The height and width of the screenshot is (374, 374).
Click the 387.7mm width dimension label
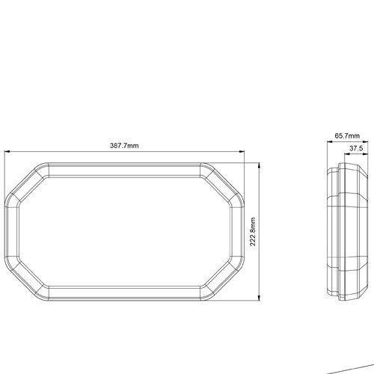pyautogui.click(x=124, y=145)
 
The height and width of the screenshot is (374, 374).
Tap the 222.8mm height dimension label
pyautogui.click(x=253, y=232)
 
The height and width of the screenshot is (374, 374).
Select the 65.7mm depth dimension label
pyautogui.click(x=347, y=136)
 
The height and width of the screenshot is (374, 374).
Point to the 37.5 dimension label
pyautogui.click(x=356, y=149)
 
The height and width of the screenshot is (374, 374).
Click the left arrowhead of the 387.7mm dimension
pyautogui.click(x=7, y=151)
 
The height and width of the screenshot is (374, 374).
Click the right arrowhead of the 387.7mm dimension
pyautogui.click(x=242, y=151)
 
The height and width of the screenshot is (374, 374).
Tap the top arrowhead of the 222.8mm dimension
pyautogui.click(x=260, y=165)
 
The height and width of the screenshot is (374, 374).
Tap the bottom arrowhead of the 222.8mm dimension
pyautogui.click(x=260, y=298)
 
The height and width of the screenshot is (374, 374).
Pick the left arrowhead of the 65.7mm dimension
pyautogui.click(x=330, y=142)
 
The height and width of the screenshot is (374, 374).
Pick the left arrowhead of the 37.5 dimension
pyautogui.click(x=347, y=154)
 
